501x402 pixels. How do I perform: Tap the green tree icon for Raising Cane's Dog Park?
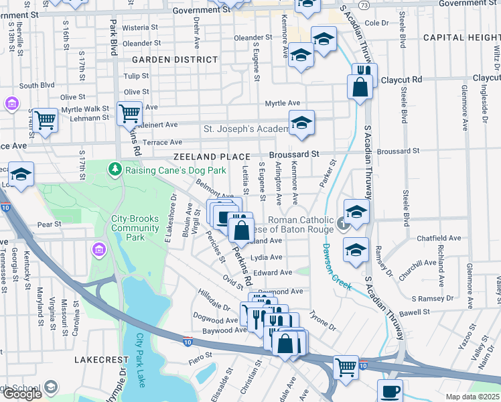[x=115, y=167]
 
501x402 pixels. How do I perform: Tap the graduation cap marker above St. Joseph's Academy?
[x=302, y=123]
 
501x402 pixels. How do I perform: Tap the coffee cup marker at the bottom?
[x=390, y=390]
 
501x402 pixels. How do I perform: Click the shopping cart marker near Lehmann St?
[x=46, y=121]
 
